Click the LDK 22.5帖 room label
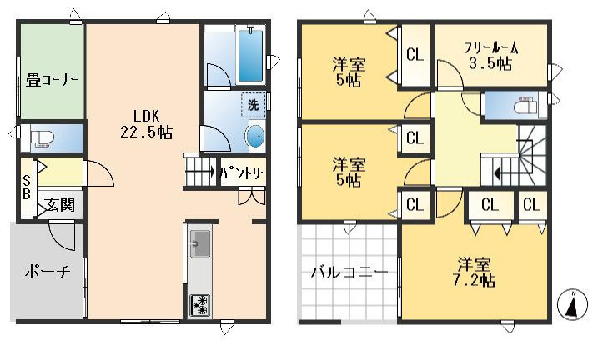(147, 124)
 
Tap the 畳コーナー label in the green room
(52, 80)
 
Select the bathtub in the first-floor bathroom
(250, 55)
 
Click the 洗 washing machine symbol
(254, 105)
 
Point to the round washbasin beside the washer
(255, 136)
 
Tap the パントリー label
(243, 173)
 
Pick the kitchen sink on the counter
(199, 244)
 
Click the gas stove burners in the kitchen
(200, 305)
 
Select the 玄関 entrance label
(60, 205)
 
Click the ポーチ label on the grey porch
(48, 271)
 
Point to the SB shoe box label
(27, 187)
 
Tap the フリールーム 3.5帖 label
(491, 56)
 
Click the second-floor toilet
(525, 105)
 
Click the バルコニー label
(349, 272)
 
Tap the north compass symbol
(572, 304)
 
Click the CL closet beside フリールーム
(415, 55)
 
